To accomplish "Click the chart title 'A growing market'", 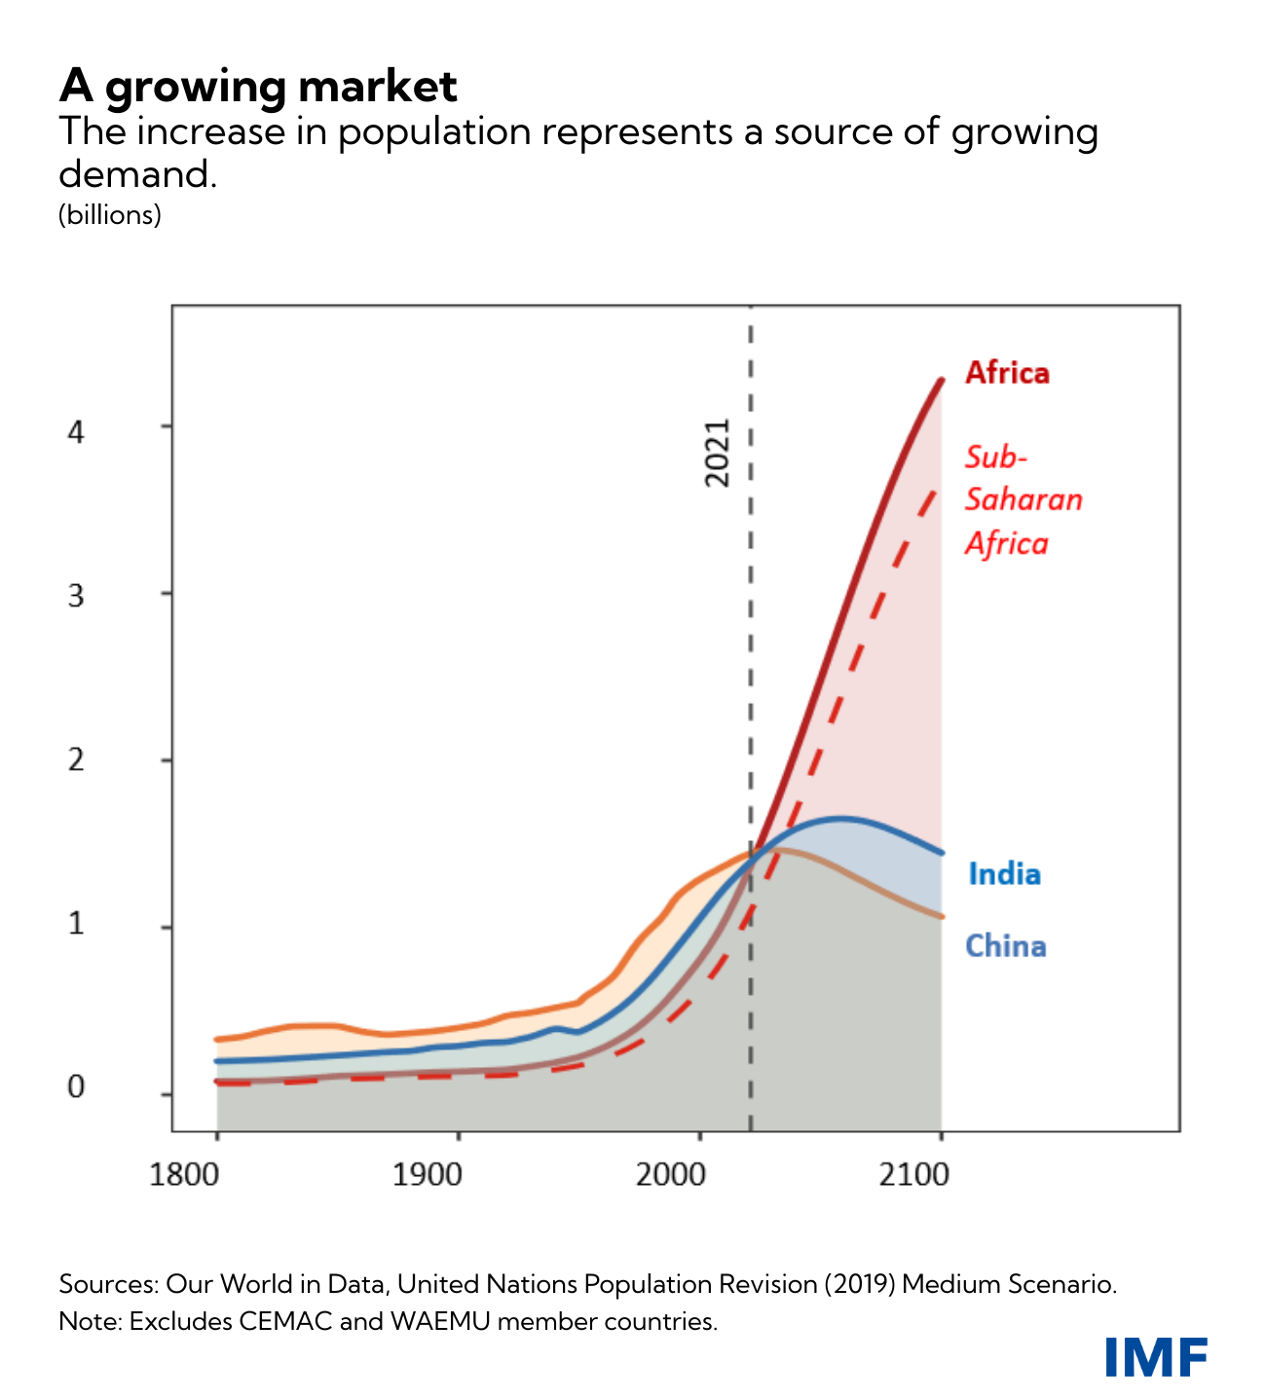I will (258, 87).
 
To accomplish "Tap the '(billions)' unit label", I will (110, 215).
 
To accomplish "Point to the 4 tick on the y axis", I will (76, 429).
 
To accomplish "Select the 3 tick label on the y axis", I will (76, 596).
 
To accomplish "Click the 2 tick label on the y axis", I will (76, 760).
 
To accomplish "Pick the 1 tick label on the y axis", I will (76, 923).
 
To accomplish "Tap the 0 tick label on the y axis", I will (76, 1087).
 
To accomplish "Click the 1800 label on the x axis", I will (184, 1175).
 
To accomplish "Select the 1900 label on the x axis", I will (428, 1175).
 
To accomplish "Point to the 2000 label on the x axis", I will (670, 1175).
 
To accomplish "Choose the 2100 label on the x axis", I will (913, 1175).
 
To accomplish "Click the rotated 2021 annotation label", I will (717, 453).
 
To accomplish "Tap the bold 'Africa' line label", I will (1007, 373).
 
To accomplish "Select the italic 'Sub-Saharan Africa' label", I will (1023, 499).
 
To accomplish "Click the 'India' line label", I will (1004, 874).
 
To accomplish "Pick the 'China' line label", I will (1005, 946).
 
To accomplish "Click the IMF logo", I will (1156, 1357).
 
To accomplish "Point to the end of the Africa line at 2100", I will (942, 380).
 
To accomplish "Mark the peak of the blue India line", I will (839, 818).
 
